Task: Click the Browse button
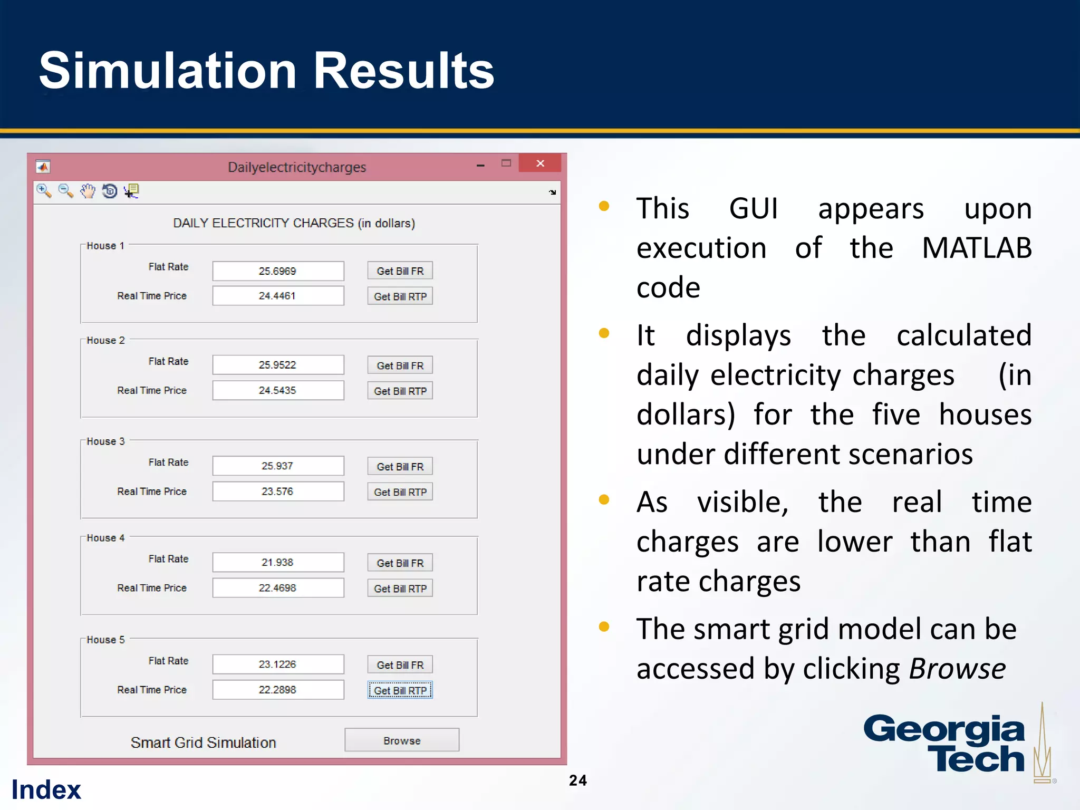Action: (x=402, y=740)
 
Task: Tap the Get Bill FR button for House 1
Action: (x=400, y=271)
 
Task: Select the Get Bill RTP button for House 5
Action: (x=400, y=690)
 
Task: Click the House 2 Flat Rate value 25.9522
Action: (x=278, y=365)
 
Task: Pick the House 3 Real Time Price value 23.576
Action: (x=278, y=491)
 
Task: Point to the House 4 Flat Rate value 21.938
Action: (x=278, y=562)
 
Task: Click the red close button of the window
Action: (x=540, y=163)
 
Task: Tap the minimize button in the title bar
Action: (x=480, y=165)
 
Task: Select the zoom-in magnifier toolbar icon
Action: (x=44, y=191)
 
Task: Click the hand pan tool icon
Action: (x=88, y=191)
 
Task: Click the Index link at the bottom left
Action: (x=46, y=789)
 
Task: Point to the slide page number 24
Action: (x=578, y=780)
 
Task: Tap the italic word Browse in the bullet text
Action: (x=957, y=669)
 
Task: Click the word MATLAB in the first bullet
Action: (x=977, y=248)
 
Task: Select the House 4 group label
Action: (x=105, y=538)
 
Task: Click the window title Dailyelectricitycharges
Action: (x=297, y=167)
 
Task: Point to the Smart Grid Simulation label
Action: (x=204, y=742)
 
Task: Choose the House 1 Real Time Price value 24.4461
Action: (x=278, y=296)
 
